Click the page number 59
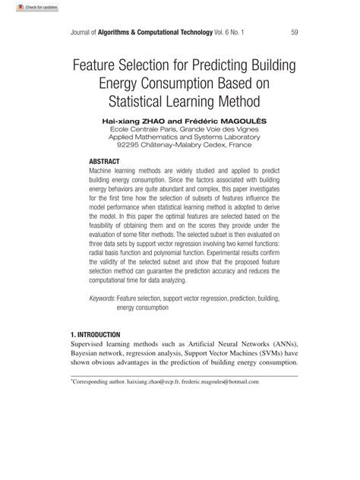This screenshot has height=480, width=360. (295, 32)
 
